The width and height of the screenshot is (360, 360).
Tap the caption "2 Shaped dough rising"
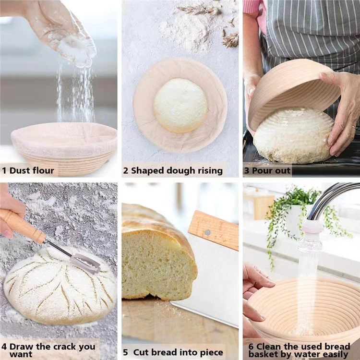point(173,170)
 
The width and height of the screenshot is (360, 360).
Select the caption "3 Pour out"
point(267,170)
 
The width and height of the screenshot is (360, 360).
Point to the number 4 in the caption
point(4,347)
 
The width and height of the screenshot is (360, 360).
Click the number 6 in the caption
point(251,347)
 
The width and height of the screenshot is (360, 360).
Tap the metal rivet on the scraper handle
point(207,232)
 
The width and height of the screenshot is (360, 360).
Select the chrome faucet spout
point(331,197)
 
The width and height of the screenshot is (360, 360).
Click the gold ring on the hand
point(354,128)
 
